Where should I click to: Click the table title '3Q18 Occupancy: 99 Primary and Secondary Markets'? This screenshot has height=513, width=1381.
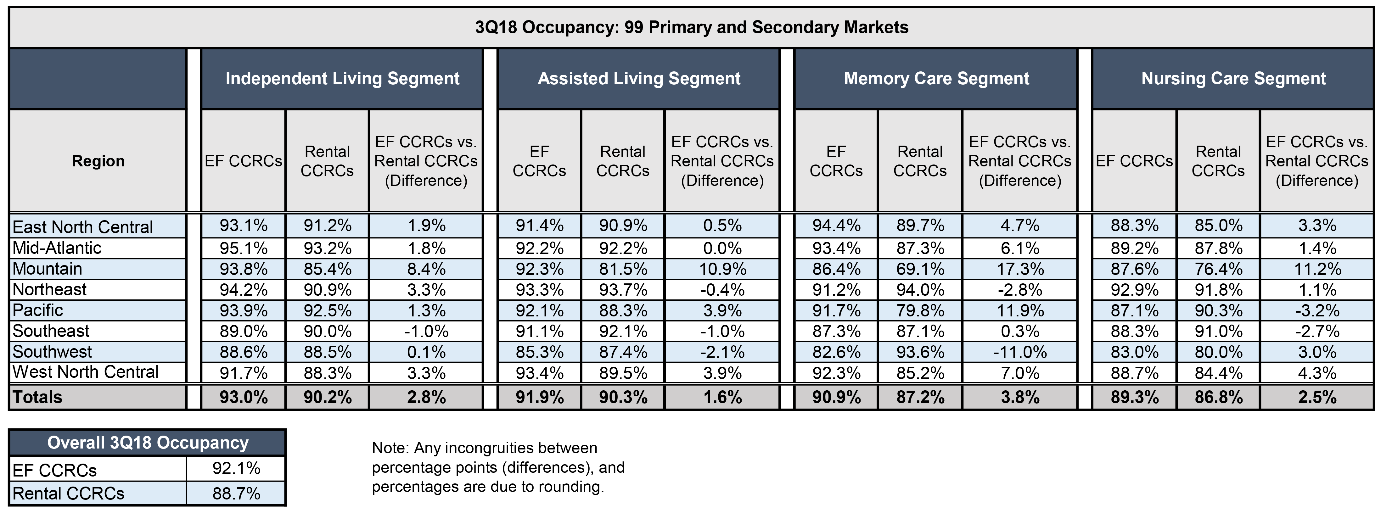[x=692, y=27]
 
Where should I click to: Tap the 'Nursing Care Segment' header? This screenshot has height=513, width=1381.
[x=1233, y=79]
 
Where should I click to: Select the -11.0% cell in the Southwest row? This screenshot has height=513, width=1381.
[x=1020, y=352]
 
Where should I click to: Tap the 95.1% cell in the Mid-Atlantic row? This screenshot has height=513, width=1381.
[x=244, y=248]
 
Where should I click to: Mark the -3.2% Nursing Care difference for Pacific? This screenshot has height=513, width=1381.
[x=1317, y=310]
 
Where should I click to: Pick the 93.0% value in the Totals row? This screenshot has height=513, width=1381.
[x=244, y=397]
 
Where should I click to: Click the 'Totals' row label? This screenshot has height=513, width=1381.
[x=37, y=397]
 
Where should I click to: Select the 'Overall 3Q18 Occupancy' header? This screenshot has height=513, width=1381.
[x=148, y=443]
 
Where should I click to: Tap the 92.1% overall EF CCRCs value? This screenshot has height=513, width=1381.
[x=236, y=469]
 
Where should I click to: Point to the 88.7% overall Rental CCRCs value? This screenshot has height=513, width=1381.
[x=236, y=493]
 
